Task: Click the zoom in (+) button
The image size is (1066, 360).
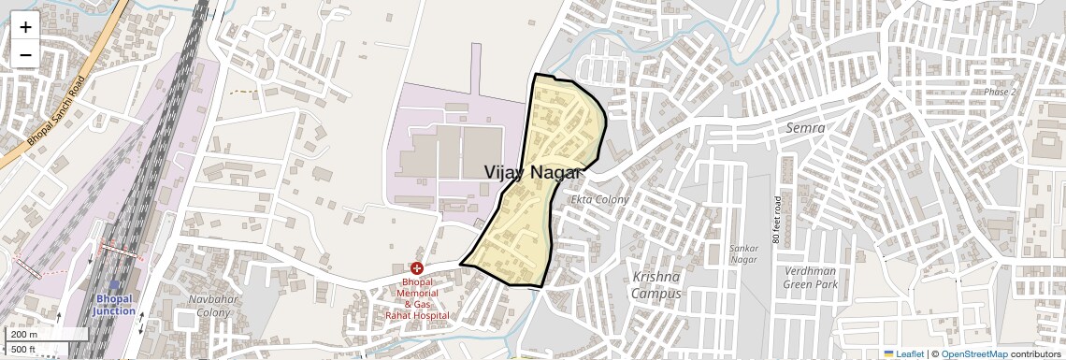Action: click(25, 27)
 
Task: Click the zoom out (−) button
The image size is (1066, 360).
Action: click(25, 54)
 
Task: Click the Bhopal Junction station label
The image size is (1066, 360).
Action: click(115, 305)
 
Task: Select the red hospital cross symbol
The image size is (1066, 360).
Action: click(417, 268)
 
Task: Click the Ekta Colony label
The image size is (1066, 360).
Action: click(600, 199)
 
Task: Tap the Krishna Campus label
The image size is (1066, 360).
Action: click(655, 285)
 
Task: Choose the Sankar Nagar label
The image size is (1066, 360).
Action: click(743, 253)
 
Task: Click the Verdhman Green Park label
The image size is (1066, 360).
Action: click(810, 278)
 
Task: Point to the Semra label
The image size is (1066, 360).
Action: click(805, 127)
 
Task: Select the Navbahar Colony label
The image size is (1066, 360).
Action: click(209, 306)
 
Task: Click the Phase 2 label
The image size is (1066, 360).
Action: click(1000, 92)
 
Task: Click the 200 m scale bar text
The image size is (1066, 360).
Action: click(25, 335)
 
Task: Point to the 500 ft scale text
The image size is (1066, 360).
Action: click(23, 350)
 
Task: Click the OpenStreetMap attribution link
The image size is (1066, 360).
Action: click(973, 353)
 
